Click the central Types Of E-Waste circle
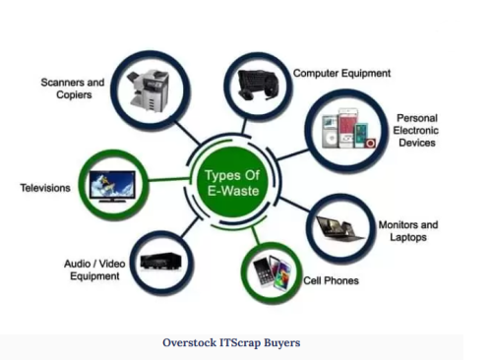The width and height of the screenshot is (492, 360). coord(236,181)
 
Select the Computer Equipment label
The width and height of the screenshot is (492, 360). coord(341,73)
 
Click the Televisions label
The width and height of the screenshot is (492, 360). coord(45,187)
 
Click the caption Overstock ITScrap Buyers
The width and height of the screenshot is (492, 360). coord(231,343)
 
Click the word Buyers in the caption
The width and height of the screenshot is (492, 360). coord(278,343)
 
